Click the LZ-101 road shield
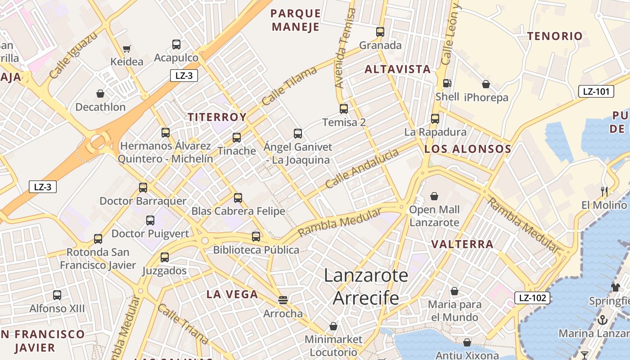coord(596,92)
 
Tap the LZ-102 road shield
coord(532,297)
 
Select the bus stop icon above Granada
coord(380,32)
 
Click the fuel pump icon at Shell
coord(447,83)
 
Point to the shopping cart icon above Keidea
coord(127,49)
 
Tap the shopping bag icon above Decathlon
coord(100,94)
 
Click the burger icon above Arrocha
coord(283,300)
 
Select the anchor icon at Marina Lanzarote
coord(602,320)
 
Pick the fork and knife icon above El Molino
coord(604,192)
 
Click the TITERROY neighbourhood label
coord(217,117)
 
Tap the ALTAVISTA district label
coord(398,69)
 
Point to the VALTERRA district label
coord(463,244)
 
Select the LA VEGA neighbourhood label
coord(232,294)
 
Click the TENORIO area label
coord(555,36)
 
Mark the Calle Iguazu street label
coord(73,56)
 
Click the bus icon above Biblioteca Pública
coord(256,236)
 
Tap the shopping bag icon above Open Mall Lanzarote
coord(434,196)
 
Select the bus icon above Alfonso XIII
coord(57,295)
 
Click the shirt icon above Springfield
coord(616,287)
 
